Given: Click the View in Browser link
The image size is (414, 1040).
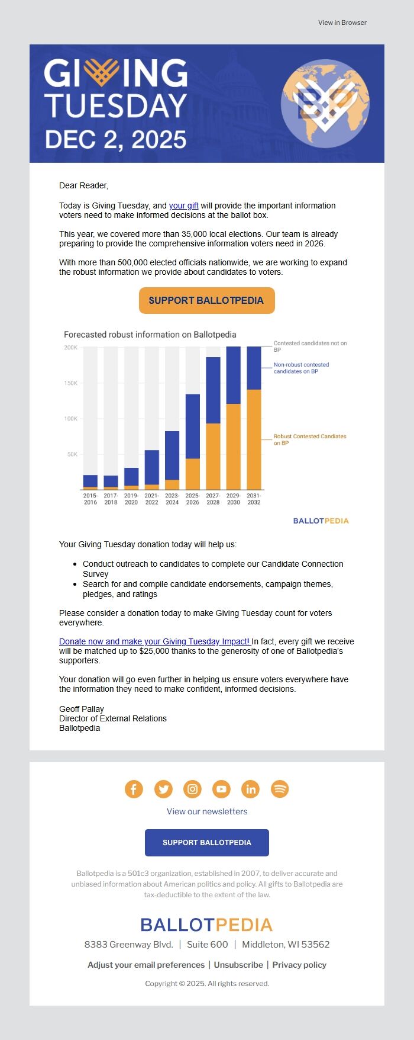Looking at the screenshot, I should click(342, 23).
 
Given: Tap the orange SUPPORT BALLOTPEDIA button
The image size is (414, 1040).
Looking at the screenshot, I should click(206, 300).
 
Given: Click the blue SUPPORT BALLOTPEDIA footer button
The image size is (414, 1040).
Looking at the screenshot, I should click(206, 842).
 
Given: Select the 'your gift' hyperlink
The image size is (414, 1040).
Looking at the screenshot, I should click(183, 206).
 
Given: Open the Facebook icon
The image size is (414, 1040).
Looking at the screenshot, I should click(134, 789).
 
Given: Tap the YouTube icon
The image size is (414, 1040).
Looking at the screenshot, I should click(221, 789).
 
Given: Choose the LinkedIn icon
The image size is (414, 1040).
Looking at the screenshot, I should click(251, 789).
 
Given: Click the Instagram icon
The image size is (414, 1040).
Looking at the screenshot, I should click(192, 789).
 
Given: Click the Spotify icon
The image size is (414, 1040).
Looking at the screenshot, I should click(280, 789).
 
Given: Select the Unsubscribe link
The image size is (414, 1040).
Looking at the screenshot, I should click(238, 965).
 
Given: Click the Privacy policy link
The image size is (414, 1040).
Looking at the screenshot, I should click(299, 965).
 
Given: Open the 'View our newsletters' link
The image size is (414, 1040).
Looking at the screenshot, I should click(207, 811).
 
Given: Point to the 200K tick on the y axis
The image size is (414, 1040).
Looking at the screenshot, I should click(71, 348).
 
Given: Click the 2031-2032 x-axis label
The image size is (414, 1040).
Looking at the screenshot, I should click(254, 499).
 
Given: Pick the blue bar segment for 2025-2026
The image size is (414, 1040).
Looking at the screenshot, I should click(193, 426).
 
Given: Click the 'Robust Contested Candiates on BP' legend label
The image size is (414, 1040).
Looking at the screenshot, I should click(310, 439).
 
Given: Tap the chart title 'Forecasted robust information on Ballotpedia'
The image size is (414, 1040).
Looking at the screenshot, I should click(150, 335).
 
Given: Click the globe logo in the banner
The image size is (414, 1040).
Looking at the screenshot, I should click(325, 104).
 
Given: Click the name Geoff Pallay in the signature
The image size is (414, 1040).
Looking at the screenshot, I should click(82, 709).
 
